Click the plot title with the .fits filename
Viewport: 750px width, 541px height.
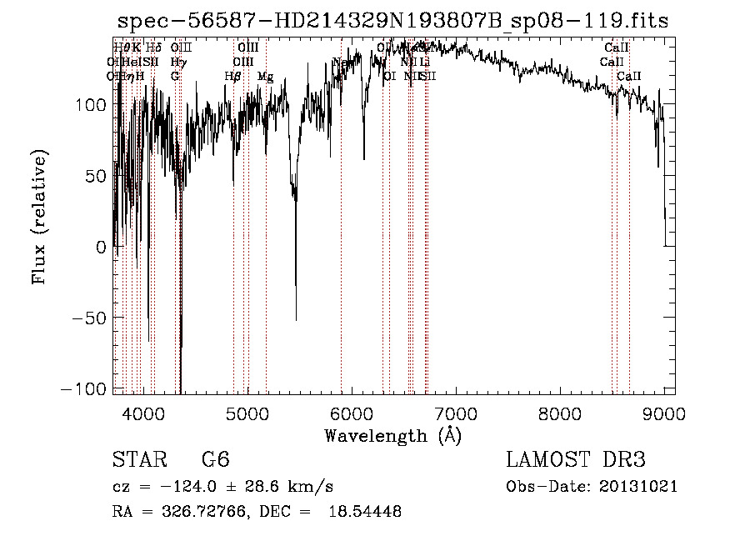coord(393,22)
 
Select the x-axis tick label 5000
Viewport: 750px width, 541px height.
coord(247,413)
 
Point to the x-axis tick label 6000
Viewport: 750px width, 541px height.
coord(352,413)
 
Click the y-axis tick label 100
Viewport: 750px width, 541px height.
coord(89,105)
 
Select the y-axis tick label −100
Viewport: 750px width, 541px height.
coord(83,389)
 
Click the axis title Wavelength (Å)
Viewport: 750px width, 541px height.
coord(392,435)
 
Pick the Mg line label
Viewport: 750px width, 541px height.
coord(265,77)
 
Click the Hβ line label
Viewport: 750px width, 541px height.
coord(232,77)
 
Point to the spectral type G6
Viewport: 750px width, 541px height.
coord(215,460)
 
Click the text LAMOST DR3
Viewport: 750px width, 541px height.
coord(576,460)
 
